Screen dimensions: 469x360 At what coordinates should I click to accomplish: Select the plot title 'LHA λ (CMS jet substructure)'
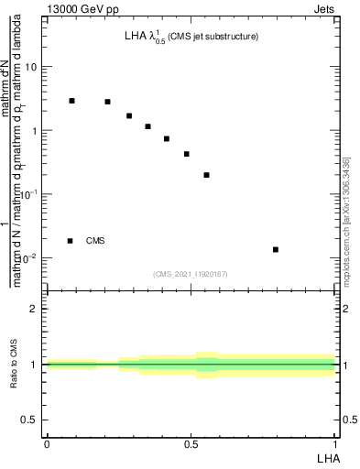coord(191,37)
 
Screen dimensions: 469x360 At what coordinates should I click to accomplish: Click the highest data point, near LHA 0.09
coord(72,101)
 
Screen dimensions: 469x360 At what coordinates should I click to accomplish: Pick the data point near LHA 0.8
coord(276,249)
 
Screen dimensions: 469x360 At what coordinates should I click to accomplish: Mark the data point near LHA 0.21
coord(107,102)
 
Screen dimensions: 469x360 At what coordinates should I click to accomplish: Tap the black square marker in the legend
coord(70,241)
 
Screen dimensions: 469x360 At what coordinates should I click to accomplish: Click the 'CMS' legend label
coord(95,241)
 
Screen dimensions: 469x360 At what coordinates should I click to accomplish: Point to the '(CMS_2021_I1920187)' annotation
coord(191,273)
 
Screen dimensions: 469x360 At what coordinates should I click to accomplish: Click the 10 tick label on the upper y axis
coord(31,68)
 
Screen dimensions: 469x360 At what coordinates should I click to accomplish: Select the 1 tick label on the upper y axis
coord(34,131)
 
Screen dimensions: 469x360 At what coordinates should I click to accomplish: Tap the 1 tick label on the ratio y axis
coord(34,365)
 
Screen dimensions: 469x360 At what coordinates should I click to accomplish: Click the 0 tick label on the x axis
coord(47,444)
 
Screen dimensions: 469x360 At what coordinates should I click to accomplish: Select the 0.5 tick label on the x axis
coord(191,444)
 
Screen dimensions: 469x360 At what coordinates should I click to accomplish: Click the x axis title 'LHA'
coord(325,457)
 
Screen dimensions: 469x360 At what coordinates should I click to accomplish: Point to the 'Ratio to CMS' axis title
coord(15,365)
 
